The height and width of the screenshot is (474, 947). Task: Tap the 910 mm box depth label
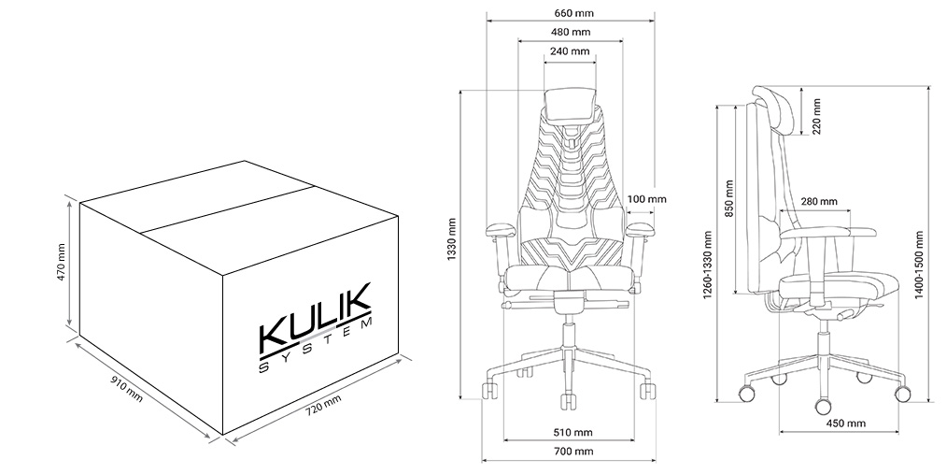pos(127,389)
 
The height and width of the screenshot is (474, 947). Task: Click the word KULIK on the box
pos(315,319)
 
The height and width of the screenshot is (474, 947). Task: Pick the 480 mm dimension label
pos(570,32)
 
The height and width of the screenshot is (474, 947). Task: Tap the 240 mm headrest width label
pos(570,51)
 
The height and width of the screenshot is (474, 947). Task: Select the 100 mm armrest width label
pos(647,199)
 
